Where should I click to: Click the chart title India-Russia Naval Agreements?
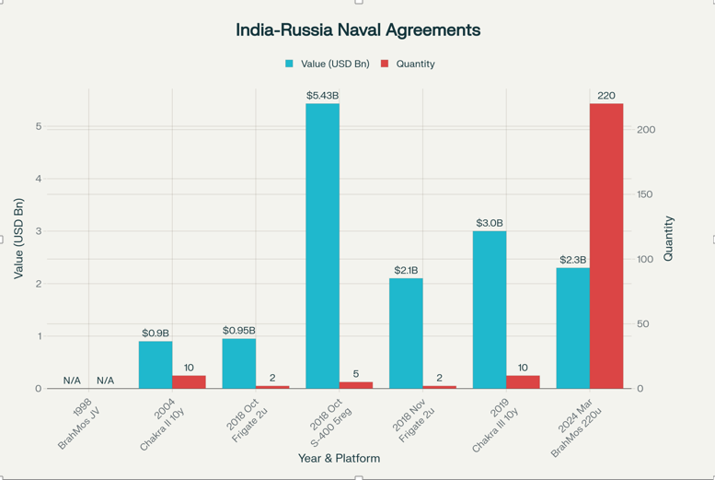click(358, 30)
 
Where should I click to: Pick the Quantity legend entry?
click(409, 64)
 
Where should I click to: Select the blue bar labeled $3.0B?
click(490, 310)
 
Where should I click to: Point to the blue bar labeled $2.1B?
click(406, 333)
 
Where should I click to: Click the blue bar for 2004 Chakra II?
click(156, 365)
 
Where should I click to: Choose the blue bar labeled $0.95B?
click(239, 363)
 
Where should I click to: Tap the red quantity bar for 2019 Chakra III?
click(523, 381)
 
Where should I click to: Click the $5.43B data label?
click(322, 96)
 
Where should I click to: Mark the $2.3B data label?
click(572, 260)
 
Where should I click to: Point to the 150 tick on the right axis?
click(645, 194)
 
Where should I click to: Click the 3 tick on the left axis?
click(39, 231)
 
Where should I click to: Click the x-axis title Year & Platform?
click(339, 458)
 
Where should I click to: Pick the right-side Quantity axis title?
click(669, 239)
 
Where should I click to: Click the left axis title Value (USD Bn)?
click(18, 239)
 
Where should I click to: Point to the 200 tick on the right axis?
click(645, 130)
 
